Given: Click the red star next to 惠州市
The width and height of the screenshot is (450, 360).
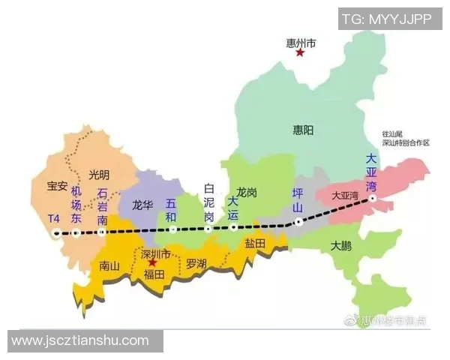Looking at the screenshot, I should click(300, 52).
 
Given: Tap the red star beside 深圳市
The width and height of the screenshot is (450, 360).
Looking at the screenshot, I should click(152, 263).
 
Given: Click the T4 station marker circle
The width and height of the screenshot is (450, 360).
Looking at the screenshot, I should click(56, 233).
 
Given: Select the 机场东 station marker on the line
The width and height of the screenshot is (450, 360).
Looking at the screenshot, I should click(76, 233).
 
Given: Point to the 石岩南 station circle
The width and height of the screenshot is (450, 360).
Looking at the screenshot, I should click(102, 232).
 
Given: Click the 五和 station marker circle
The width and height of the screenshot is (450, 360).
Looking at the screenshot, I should click(171, 229).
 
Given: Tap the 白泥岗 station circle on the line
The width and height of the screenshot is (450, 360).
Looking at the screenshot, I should click(209, 228).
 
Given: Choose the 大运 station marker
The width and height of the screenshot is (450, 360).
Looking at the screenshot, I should click(234, 226).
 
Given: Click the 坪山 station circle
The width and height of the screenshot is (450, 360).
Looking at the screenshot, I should click(298, 221).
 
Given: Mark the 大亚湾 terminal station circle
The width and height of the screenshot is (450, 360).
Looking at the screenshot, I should click(372, 199).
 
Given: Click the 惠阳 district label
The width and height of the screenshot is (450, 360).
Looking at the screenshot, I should click(304, 130).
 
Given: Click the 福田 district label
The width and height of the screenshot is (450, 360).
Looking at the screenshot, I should click(154, 274).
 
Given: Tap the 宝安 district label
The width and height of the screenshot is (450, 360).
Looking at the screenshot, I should click(58, 185).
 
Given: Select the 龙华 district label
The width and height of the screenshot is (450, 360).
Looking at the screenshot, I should click(142, 203).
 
